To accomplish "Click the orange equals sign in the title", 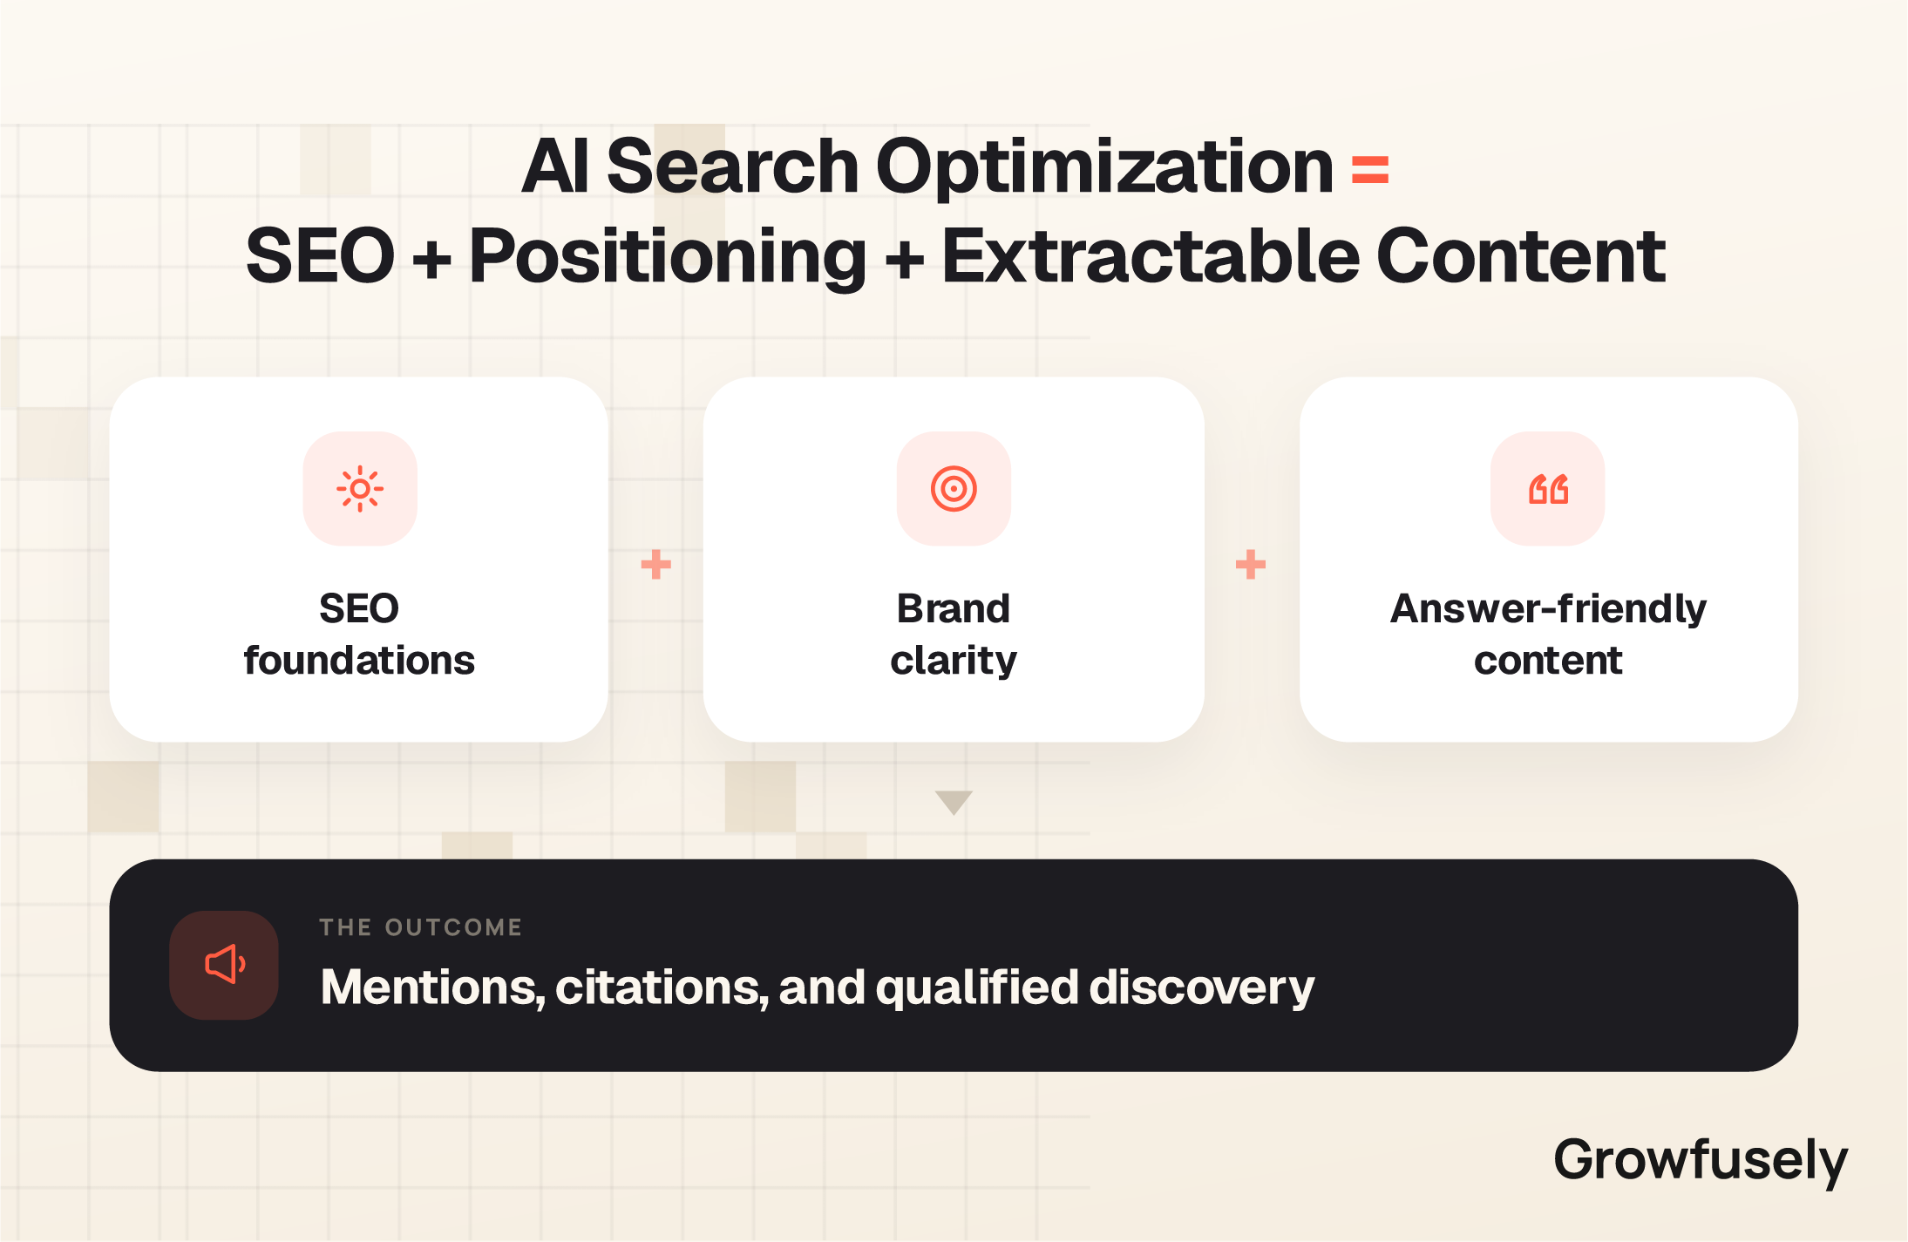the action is coord(1369,169).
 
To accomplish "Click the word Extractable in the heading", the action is coord(1151,256).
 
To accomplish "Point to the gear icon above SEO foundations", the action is coord(360,489).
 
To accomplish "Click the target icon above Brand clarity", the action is coord(954,489).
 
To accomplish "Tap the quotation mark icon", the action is coord(1548,489).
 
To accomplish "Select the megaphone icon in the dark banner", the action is coord(225,965).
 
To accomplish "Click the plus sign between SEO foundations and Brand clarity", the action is coord(655,565).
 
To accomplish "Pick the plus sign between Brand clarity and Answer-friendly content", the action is coord(1251,565).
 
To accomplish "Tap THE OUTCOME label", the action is coord(420,927).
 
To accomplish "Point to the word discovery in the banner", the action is coord(1201,989).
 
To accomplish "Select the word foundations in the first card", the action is coord(359,661).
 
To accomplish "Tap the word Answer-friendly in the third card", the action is coord(1548,609).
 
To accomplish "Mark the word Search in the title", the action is coord(733,167).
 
